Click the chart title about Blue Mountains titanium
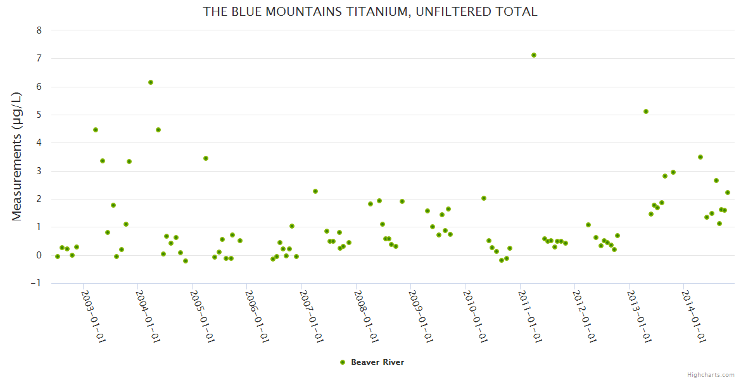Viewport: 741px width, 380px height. (370, 11)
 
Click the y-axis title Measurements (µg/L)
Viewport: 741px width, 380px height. (17, 156)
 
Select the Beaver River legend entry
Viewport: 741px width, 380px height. (372, 362)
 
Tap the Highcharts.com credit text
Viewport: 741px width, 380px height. (711, 374)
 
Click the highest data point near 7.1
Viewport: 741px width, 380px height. (534, 55)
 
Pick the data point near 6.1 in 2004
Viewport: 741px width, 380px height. (151, 82)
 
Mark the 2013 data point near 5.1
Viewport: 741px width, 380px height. (646, 111)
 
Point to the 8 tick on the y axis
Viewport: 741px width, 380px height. (39, 30)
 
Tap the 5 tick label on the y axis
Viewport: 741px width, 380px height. (39, 115)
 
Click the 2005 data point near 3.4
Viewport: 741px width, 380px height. (206, 158)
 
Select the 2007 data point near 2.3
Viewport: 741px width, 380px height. (315, 191)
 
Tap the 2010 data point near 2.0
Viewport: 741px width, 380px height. (484, 198)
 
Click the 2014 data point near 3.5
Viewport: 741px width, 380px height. (700, 157)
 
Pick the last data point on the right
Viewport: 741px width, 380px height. (728, 193)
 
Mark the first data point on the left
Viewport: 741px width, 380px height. (58, 256)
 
